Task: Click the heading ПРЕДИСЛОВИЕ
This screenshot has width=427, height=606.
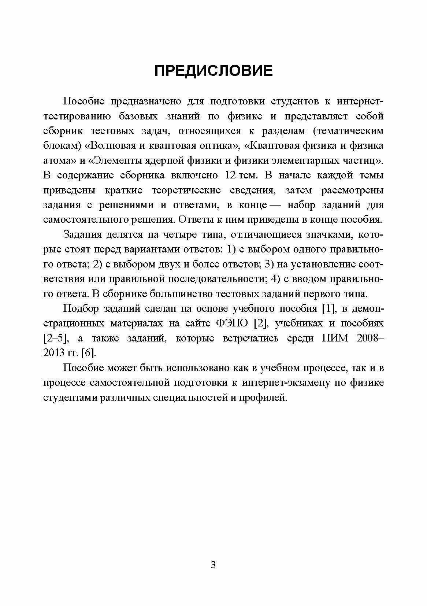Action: click(213, 70)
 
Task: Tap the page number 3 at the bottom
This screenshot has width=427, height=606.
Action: click(213, 565)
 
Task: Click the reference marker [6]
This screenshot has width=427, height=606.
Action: click(88, 353)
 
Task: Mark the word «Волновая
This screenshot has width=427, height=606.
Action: click(110, 145)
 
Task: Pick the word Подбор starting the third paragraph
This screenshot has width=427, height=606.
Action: click(81, 308)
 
